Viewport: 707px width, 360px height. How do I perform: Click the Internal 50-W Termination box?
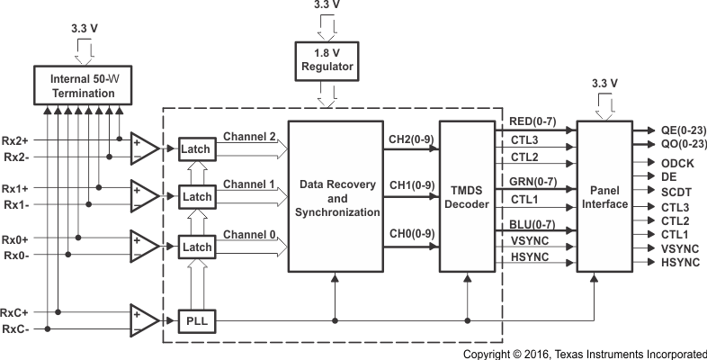(85, 84)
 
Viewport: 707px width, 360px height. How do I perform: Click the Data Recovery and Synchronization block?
(334, 197)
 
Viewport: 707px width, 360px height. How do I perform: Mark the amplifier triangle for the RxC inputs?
(143, 319)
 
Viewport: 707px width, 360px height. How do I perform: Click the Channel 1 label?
(248, 184)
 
